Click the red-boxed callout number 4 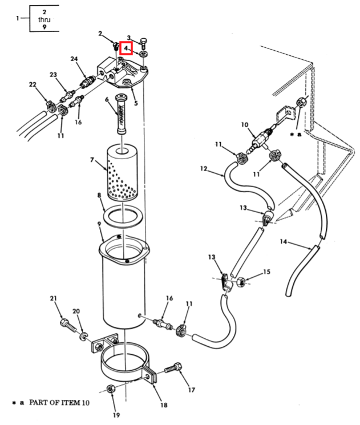(x=126, y=48)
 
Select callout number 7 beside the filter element (x=92, y=160)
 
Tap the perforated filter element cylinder (x=122, y=172)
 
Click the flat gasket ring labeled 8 (x=123, y=216)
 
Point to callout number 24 (x=74, y=59)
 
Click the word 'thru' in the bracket (x=44, y=19)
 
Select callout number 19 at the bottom (x=116, y=415)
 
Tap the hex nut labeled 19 (x=110, y=388)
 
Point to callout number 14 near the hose (x=284, y=241)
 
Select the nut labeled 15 (x=241, y=282)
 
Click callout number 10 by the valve (x=245, y=124)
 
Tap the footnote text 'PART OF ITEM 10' (x=59, y=403)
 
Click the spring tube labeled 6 (x=120, y=114)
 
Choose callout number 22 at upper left (x=33, y=84)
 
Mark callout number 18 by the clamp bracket (x=164, y=404)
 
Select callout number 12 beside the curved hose (x=204, y=169)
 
